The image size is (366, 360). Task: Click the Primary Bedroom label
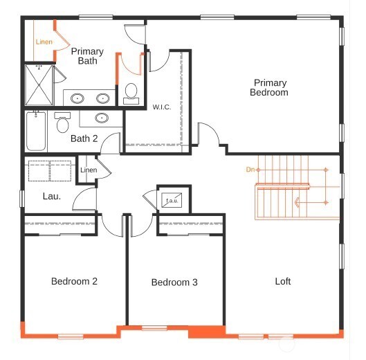(269, 87)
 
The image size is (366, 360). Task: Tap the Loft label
(282, 281)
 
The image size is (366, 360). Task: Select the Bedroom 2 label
(74, 281)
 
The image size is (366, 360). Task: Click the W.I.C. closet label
(162, 107)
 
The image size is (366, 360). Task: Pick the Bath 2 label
(84, 138)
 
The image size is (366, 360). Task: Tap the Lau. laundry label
(52, 196)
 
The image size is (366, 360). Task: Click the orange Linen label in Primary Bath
(44, 42)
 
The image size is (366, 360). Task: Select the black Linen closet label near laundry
(88, 170)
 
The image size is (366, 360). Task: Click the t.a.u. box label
(170, 200)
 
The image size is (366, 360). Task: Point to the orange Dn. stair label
(250, 169)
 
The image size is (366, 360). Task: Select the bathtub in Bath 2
(36, 132)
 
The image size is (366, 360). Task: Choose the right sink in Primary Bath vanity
(104, 98)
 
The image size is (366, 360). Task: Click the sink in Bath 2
(102, 118)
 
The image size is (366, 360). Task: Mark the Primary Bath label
(87, 56)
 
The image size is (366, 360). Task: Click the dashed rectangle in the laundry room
(49, 171)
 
